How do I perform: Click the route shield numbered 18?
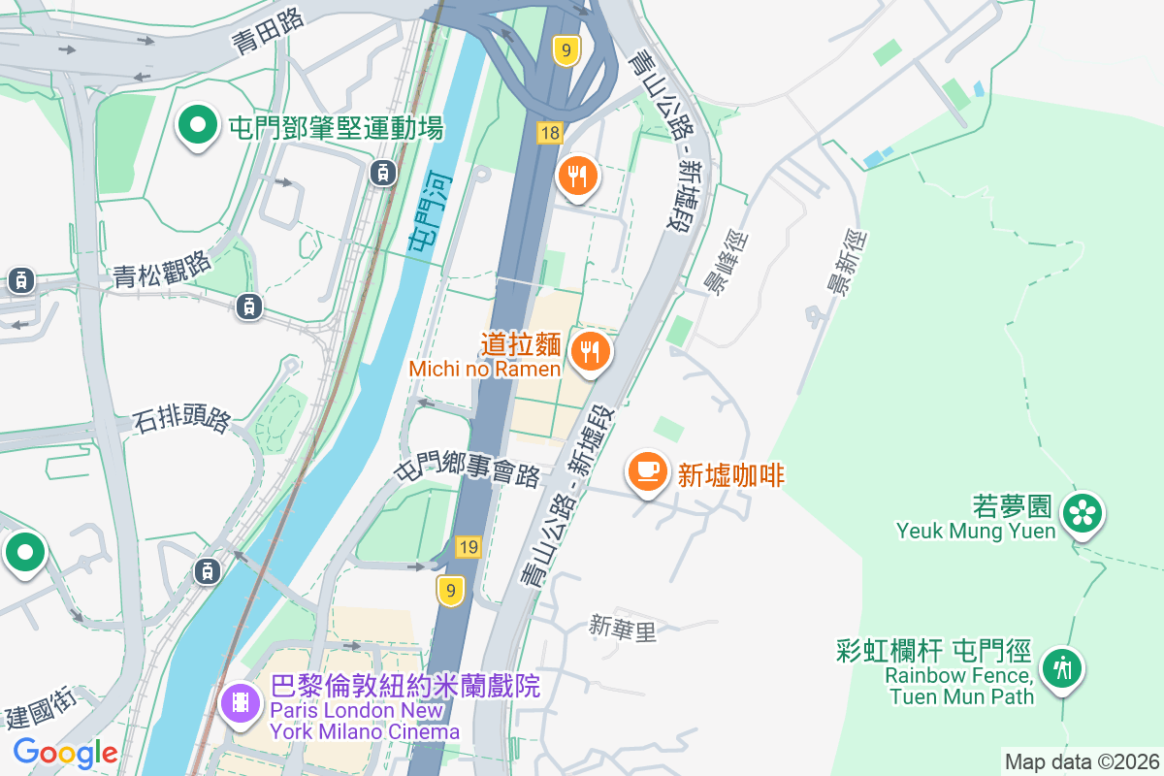(550, 133)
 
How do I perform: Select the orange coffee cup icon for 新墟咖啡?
(648, 471)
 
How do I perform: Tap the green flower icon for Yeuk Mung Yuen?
(1083, 513)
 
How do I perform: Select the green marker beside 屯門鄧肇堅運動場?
(199, 126)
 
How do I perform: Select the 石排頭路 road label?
(181, 420)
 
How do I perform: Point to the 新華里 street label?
(623, 630)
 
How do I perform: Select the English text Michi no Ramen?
(485, 370)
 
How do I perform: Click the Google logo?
(65, 753)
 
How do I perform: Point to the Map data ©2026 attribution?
(1082, 761)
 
